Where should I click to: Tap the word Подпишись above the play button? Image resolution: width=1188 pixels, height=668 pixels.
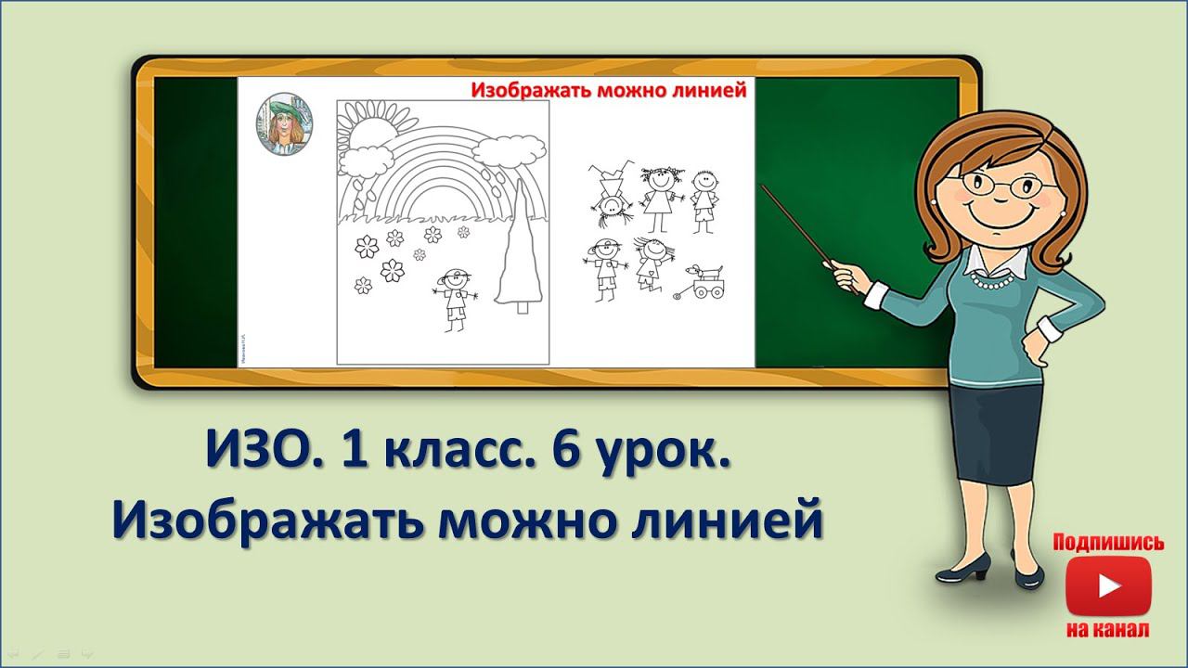(1107, 543)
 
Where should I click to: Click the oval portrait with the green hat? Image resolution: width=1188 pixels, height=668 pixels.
(284, 125)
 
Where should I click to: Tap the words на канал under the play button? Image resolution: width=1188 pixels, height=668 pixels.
(1107, 630)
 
